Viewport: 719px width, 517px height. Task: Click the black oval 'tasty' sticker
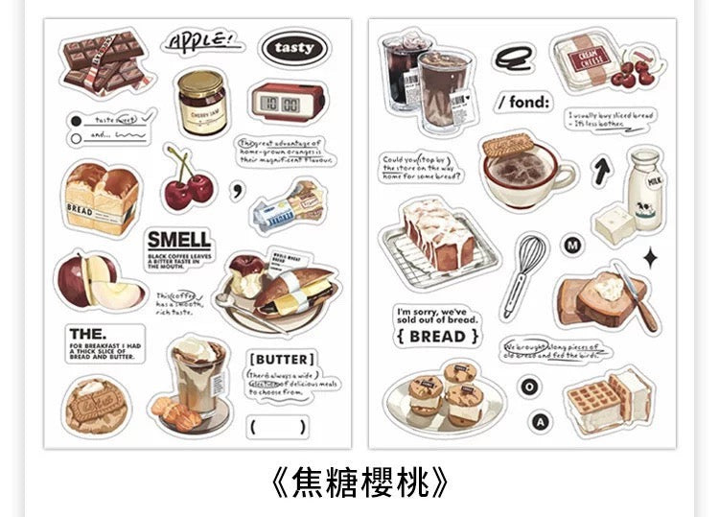pyautogui.click(x=292, y=48)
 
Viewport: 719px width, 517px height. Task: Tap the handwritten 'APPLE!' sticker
pyautogui.click(x=199, y=42)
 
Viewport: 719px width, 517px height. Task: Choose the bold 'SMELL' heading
pyautogui.click(x=178, y=240)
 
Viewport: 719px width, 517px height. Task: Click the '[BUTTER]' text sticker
pyautogui.click(x=279, y=360)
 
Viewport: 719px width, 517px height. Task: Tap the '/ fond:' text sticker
pyautogui.click(x=523, y=103)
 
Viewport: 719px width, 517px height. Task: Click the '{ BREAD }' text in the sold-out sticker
pyautogui.click(x=436, y=336)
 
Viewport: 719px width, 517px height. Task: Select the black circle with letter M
pyautogui.click(x=573, y=247)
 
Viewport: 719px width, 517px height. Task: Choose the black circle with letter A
pyautogui.click(x=542, y=422)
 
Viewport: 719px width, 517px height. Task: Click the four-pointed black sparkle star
pyautogui.click(x=650, y=256)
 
